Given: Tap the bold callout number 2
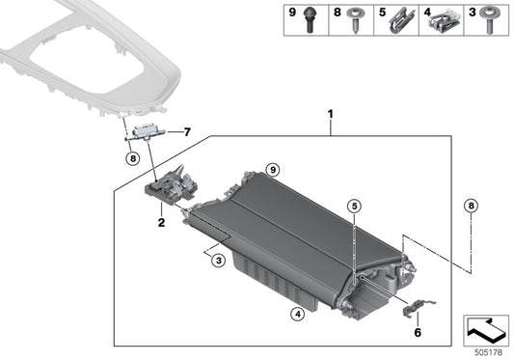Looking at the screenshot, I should (x=161, y=222).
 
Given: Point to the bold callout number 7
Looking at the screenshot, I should (x=188, y=131).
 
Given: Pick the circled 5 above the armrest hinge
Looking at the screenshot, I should (x=354, y=207).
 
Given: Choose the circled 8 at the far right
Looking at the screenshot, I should (x=470, y=205).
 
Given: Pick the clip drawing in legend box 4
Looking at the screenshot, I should (x=444, y=18).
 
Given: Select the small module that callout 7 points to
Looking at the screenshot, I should (x=148, y=132).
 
